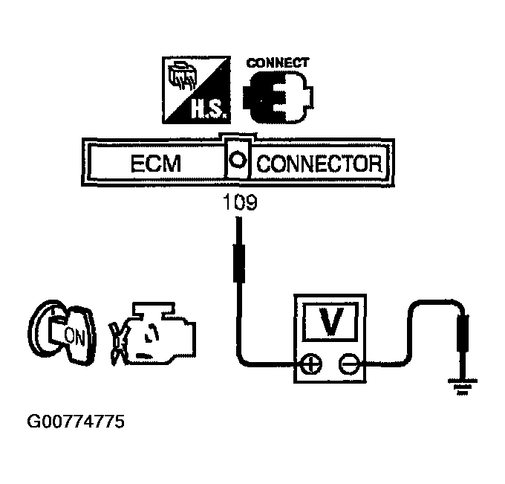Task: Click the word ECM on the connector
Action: (157, 164)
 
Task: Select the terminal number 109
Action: (239, 203)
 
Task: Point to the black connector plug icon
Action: (277, 99)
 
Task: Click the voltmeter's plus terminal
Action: (310, 364)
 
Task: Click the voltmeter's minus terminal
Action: (348, 364)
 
